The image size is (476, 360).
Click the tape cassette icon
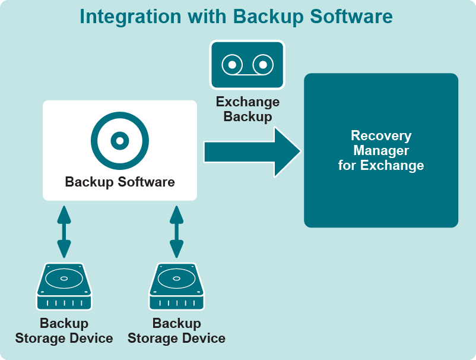pyautogui.click(x=247, y=64)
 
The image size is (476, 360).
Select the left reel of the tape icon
pyautogui.click(x=233, y=64)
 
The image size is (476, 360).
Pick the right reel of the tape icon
pyautogui.click(x=262, y=64)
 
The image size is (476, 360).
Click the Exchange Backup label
pyautogui.click(x=247, y=109)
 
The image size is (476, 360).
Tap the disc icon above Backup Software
pyautogui.click(x=120, y=141)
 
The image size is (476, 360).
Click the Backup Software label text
pyautogui.click(x=120, y=182)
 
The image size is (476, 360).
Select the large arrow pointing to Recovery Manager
pyautogui.click(x=252, y=151)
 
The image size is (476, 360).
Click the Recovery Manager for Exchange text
pyautogui.click(x=381, y=150)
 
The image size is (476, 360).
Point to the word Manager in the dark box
pyautogui.click(x=381, y=150)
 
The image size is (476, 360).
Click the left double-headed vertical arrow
pyautogui.click(x=64, y=231)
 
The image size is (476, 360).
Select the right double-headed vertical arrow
pyautogui.click(x=176, y=231)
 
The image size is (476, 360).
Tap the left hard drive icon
pyautogui.click(x=64, y=287)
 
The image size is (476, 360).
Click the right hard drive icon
pyautogui.click(x=176, y=287)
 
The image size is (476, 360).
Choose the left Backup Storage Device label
pyautogui.click(x=64, y=331)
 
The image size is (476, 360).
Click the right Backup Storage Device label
pyautogui.click(x=176, y=331)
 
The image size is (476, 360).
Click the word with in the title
pyautogui.click(x=208, y=17)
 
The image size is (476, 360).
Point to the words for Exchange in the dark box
pyautogui.click(x=381, y=165)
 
